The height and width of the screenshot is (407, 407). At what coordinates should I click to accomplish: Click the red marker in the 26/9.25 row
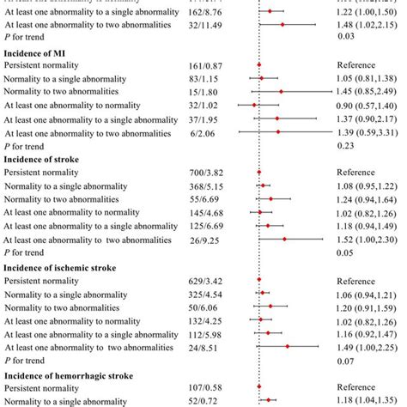[284, 240]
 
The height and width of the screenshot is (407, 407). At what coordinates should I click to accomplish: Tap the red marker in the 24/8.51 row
[287, 348]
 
